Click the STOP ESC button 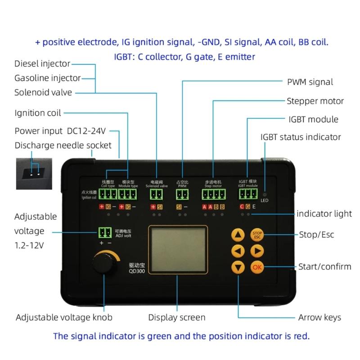[x=257, y=234]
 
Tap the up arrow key [x=238, y=234]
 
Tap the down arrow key [x=238, y=267]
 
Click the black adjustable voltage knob [x=105, y=264]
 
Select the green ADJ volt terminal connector [x=104, y=232]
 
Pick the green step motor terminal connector [x=213, y=194]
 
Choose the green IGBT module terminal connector [x=248, y=194]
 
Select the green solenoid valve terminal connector [x=156, y=194]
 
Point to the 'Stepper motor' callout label [x=315, y=101]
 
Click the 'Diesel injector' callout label [x=42, y=64]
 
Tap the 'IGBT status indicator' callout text [x=301, y=137]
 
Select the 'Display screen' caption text [x=177, y=317]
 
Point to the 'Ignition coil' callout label [x=38, y=112]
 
